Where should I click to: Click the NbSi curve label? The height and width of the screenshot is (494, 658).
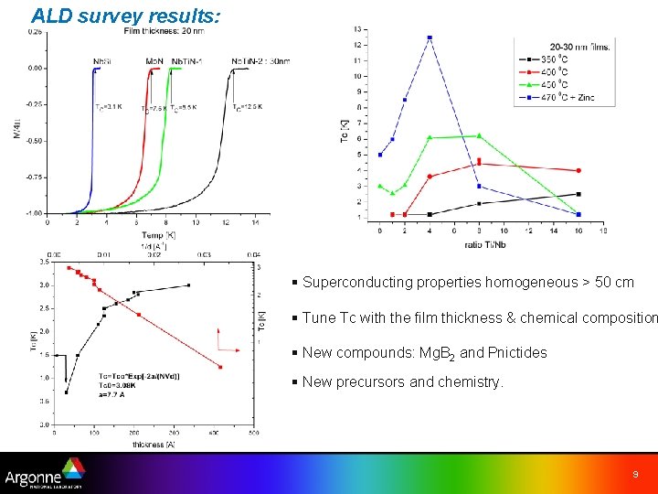pos(102,61)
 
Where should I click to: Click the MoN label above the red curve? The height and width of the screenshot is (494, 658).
pos(154,61)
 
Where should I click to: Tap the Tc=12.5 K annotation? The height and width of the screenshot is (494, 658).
pos(249,108)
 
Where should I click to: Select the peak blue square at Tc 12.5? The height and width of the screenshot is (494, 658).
pos(430,38)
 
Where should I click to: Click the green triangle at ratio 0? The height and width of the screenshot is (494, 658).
pos(380,186)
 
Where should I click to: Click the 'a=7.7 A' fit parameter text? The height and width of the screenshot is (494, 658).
pos(117,395)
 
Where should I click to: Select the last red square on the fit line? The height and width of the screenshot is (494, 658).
pos(220,367)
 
